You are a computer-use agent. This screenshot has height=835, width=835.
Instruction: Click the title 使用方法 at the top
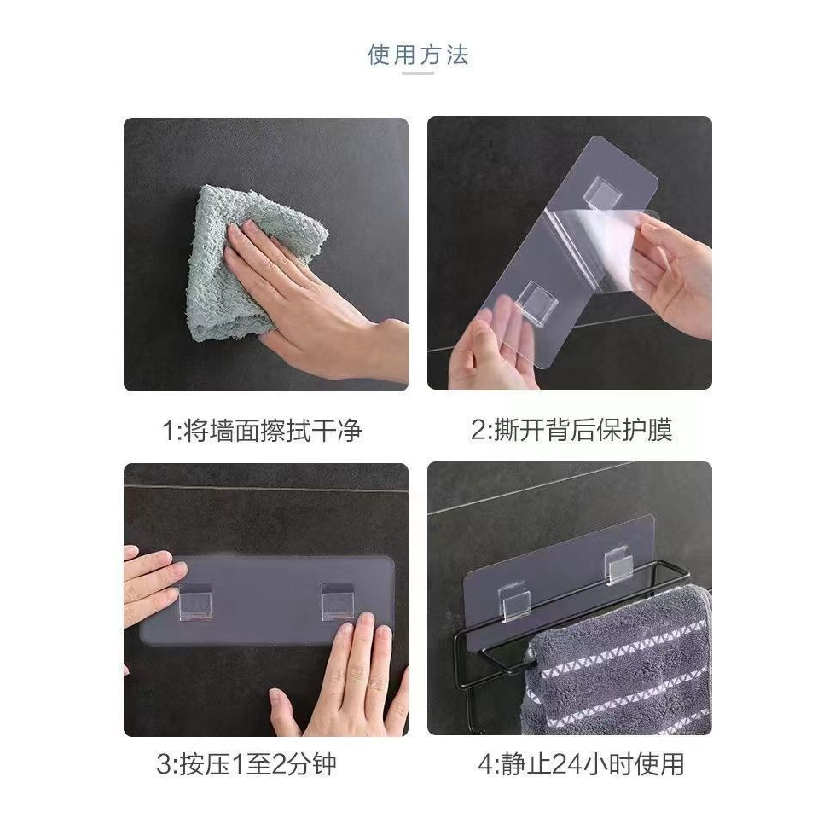(418, 55)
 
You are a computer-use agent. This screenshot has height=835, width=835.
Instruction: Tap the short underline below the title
(418, 74)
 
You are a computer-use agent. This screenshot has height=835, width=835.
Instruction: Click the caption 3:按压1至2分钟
(246, 763)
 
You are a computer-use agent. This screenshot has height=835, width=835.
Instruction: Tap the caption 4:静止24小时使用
(581, 763)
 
